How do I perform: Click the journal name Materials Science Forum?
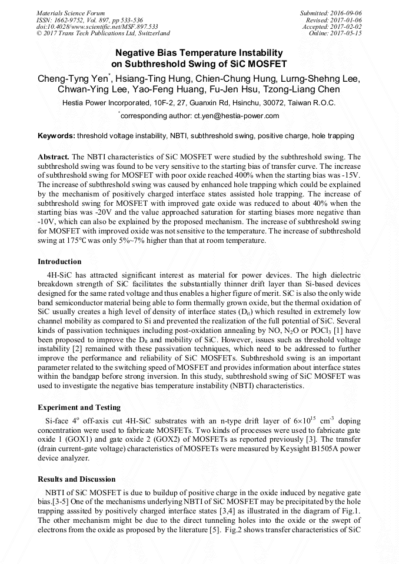(x=71, y=12)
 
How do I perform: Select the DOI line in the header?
(x=97, y=26)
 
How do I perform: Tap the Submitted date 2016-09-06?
(x=344, y=12)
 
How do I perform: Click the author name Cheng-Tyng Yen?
(x=73, y=79)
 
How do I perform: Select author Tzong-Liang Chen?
(x=305, y=90)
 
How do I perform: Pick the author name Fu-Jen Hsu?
(x=233, y=90)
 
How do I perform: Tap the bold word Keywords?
(x=56, y=136)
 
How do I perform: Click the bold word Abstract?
(x=53, y=157)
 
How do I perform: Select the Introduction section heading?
(x=59, y=262)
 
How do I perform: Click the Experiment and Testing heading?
(x=79, y=407)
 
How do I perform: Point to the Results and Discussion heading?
(x=77, y=479)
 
